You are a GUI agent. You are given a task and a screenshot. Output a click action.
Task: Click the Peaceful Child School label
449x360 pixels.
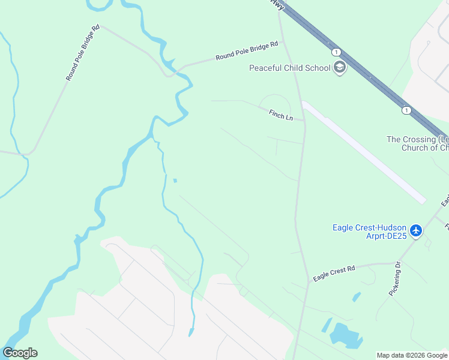point(290,68)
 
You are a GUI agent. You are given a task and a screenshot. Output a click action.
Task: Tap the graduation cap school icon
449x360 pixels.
point(340,67)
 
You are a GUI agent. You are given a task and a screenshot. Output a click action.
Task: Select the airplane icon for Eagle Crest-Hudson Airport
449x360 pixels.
point(416,230)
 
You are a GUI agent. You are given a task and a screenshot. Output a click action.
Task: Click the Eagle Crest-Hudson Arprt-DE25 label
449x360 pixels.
point(370,232)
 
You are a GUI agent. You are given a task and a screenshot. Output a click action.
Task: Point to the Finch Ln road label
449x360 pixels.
point(280,114)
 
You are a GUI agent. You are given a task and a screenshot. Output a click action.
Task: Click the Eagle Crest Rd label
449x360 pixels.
point(334,271)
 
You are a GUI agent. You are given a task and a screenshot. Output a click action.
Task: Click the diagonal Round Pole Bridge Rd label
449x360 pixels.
point(82,53)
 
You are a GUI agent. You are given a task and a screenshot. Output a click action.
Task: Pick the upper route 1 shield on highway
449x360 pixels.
point(336,52)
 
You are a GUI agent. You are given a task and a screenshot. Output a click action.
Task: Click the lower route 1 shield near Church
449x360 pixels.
point(406,110)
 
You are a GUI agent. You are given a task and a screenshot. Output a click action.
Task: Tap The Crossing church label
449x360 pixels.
point(417,143)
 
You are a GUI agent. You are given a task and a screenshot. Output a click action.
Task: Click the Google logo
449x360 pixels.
point(20,353)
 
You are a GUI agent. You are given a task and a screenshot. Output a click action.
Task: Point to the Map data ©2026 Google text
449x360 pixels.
point(412,355)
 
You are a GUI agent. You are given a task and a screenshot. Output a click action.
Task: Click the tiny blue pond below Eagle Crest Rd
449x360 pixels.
point(357,297)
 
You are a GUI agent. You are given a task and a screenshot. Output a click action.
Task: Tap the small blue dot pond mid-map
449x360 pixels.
point(175,180)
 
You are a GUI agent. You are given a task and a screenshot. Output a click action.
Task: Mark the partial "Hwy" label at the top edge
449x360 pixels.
point(277,4)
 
